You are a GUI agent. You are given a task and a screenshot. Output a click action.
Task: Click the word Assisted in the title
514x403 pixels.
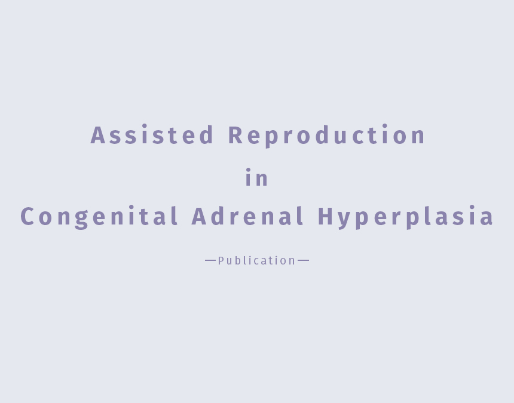click(x=152, y=134)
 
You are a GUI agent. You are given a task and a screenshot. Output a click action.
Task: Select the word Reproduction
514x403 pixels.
click(x=326, y=136)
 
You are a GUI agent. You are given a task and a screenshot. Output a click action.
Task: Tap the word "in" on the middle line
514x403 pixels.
click(x=256, y=177)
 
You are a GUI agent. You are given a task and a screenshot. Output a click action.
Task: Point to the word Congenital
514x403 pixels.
click(x=99, y=217)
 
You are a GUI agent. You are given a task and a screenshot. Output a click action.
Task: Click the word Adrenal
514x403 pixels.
click(x=247, y=216)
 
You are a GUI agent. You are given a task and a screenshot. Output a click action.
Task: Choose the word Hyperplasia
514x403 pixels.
click(x=405, y=217)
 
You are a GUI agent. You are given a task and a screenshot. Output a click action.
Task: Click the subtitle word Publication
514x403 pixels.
click(x=256, y=260)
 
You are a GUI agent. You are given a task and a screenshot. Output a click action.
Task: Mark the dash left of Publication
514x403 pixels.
click(x=210, y=260)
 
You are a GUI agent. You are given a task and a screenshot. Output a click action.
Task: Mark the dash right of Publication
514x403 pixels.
click(x=303, y=260)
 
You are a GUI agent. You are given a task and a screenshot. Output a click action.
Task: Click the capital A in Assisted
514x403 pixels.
click(x=98, y=135)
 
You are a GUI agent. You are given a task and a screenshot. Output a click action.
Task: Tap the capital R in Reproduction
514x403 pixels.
click(x=235, y=135)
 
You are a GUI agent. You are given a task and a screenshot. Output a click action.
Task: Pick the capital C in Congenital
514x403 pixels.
click(x=27, y=216)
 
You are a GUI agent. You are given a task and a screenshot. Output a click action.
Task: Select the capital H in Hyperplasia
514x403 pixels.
click(x=326, y=216)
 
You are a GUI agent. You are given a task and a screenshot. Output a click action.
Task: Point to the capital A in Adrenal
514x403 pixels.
click(x=199, y=216)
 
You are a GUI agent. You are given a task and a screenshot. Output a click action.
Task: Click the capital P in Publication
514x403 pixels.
click(x=221, y=260)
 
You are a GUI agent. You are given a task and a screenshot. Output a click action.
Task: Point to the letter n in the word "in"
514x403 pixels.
click(x=262, y=179)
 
